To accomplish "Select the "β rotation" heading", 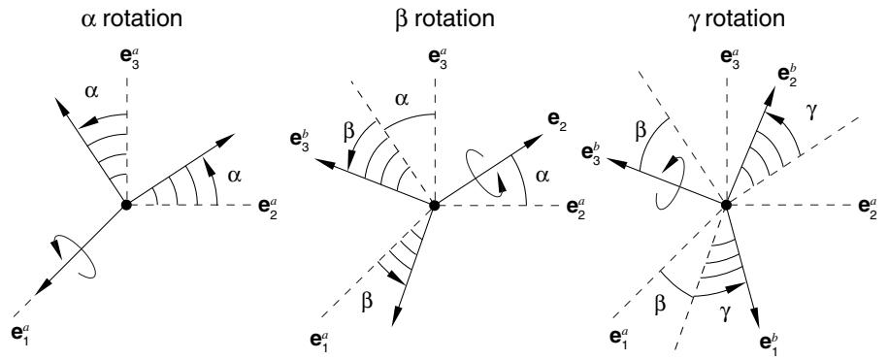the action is [444, 18].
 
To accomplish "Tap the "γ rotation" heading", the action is [736, 18].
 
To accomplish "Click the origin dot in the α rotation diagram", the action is [126, 205].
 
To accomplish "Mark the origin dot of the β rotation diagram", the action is [435, 206].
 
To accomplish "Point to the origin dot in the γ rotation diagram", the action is [726, 205].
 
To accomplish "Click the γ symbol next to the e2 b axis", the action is [811, 114].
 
